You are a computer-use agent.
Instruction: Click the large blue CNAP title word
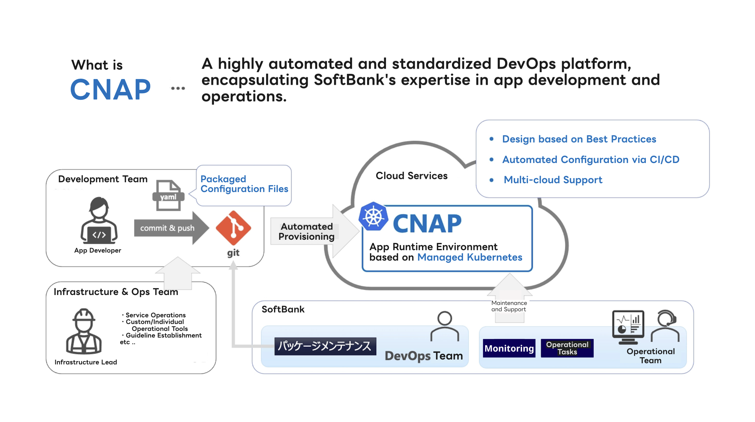click(110, 90)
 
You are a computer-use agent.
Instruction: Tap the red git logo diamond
click(233, 228)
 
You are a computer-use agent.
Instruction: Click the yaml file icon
click(168, 196)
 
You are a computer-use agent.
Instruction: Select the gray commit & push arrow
click(170, 228)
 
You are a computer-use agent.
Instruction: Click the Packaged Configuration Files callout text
click(244, 184)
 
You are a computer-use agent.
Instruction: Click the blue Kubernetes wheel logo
click(373, 217)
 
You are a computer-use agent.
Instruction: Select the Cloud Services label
click(411, 176)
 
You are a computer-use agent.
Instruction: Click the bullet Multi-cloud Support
click(553, 180)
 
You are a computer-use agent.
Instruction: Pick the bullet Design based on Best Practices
click(579, 139)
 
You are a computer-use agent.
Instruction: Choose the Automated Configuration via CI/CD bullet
click(591, 160)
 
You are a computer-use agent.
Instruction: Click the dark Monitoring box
click(509, 348)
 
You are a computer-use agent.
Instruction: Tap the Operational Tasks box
click(567, 348)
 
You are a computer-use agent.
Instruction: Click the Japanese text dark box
click(325, 346)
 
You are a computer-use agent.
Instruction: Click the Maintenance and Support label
click(509, 306)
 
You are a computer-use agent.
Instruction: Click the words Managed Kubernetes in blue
click(469, 257)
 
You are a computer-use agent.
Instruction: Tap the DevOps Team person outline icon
click(444, 326)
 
